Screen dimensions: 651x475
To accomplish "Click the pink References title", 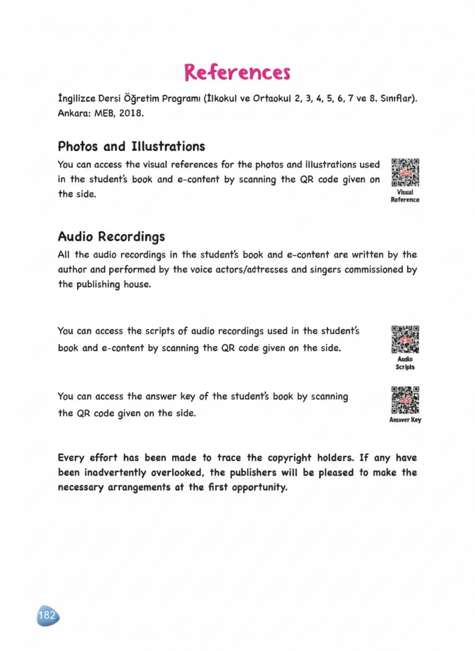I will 237,72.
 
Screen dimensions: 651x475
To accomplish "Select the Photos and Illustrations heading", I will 131,147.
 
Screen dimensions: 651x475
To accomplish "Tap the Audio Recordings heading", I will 112,237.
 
